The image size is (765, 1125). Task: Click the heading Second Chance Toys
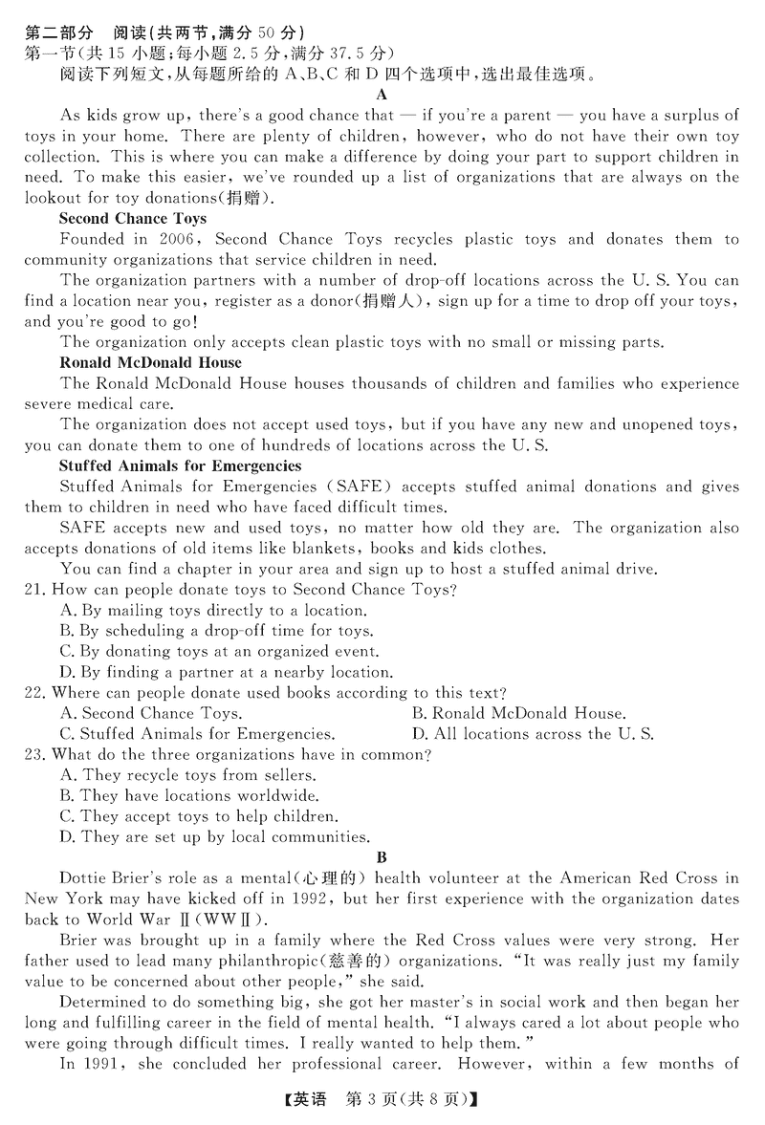click(132, 219)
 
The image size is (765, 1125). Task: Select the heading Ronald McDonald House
click(150, 362)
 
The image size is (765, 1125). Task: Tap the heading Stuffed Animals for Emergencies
click(180, 465)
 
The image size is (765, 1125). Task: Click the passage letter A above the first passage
click(382, 94)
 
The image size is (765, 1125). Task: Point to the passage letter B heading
click(382, 857)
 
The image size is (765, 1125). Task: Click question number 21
click(35, 590)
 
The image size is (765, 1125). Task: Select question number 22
click(35, 693)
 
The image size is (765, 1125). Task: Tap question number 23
click(35, 755)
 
